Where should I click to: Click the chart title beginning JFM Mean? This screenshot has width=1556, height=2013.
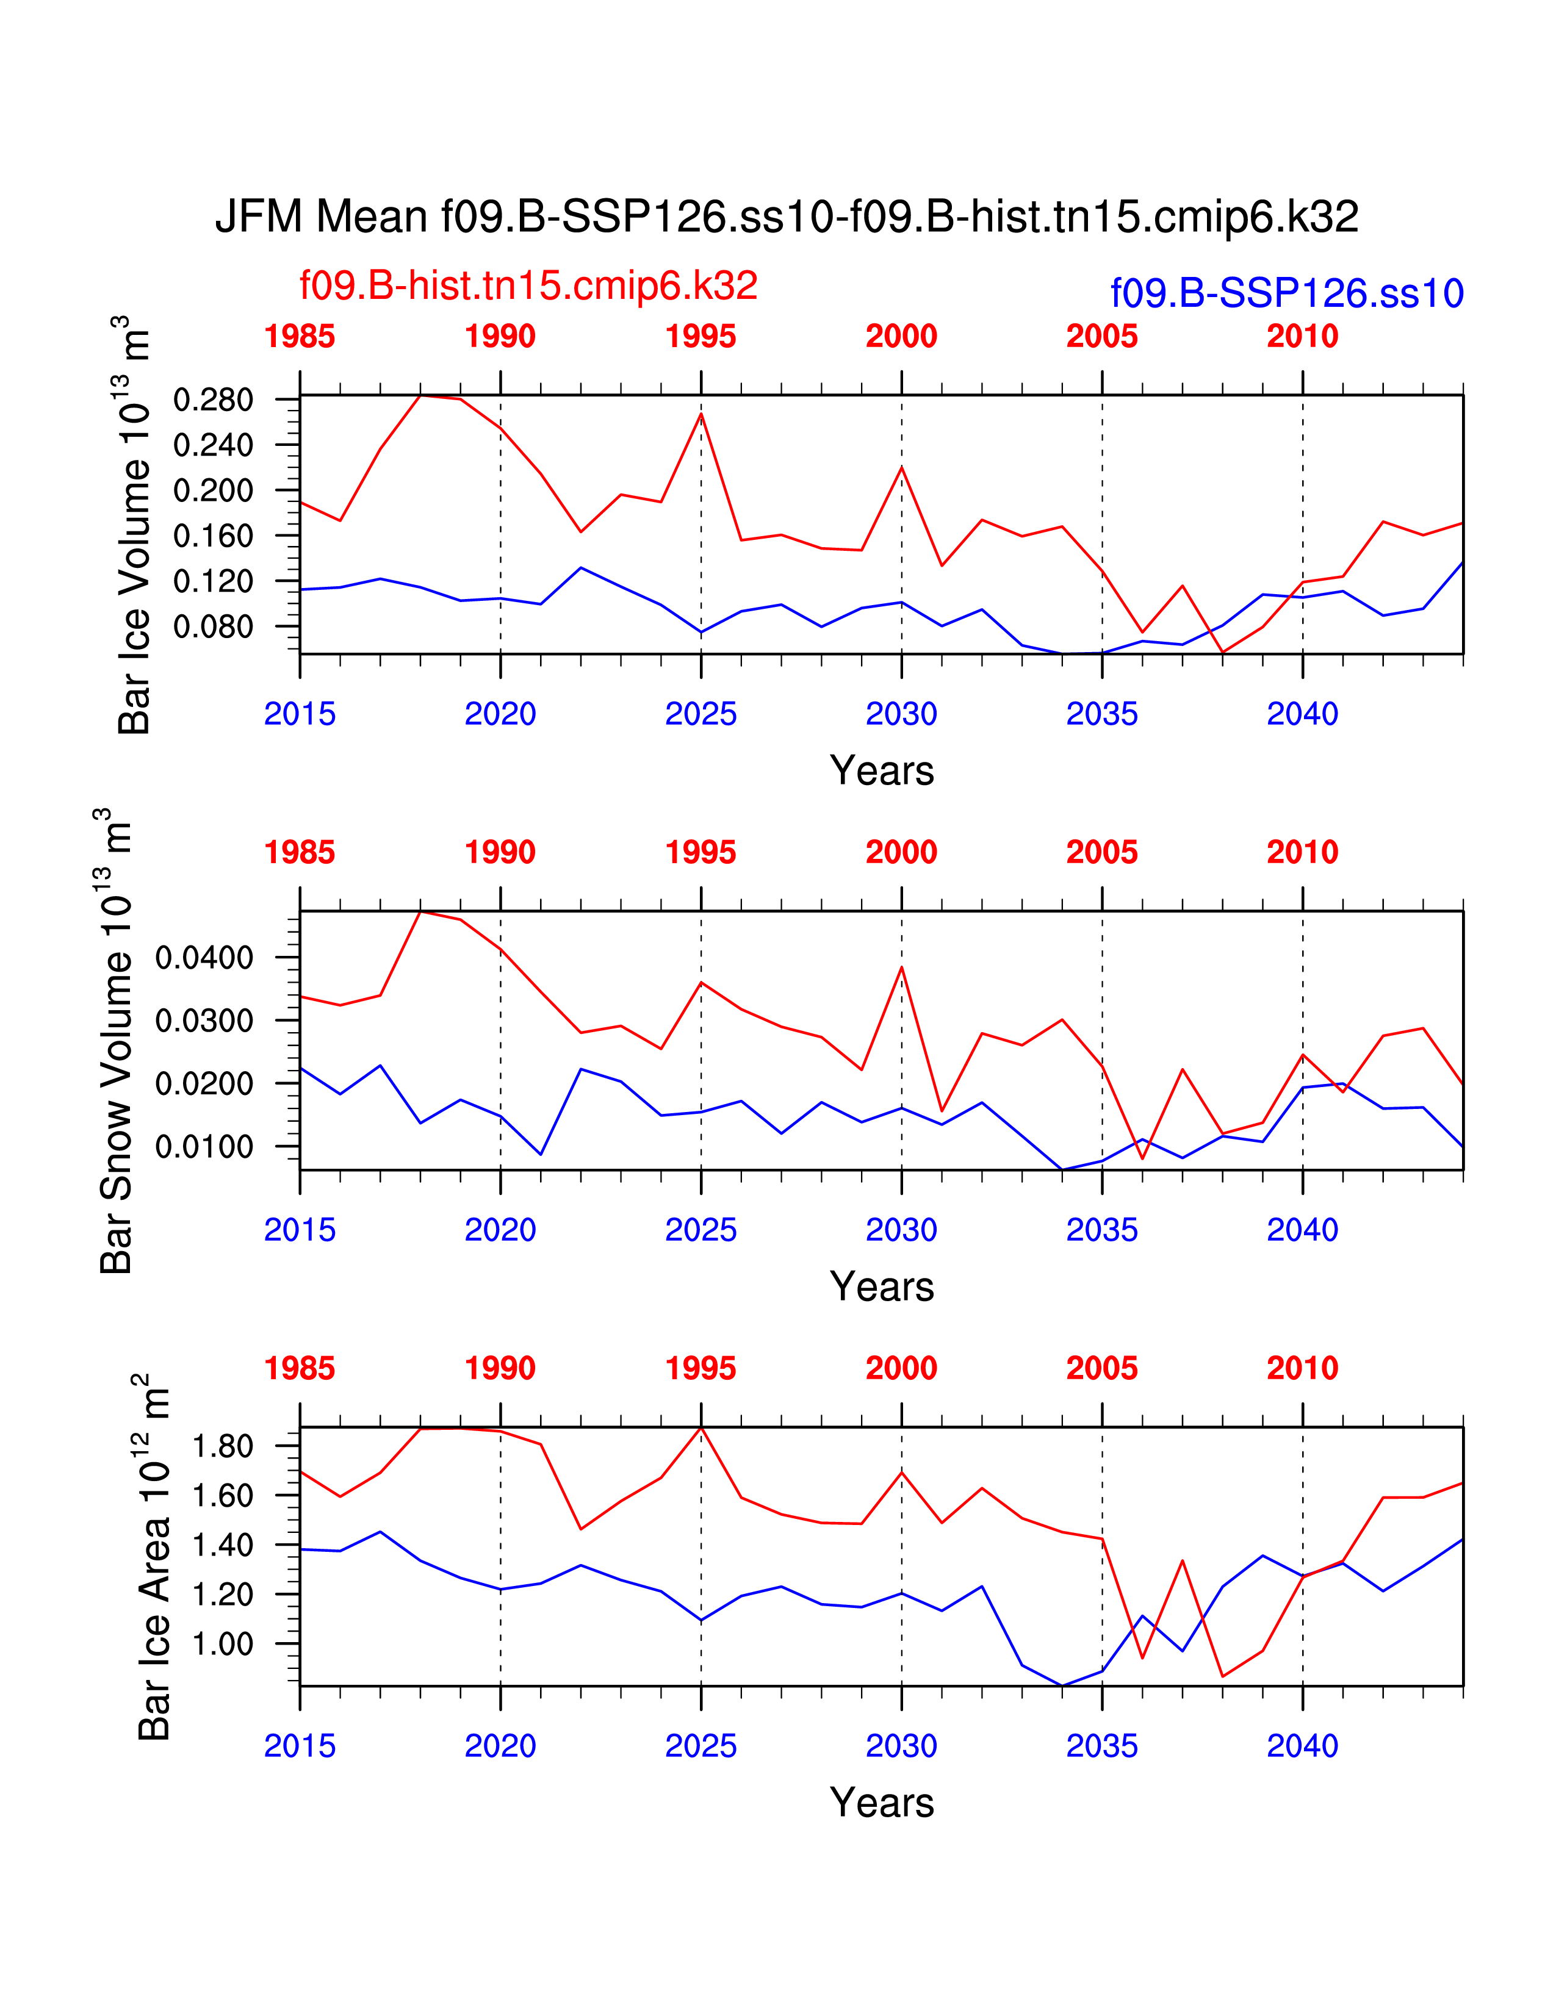click(787, 218)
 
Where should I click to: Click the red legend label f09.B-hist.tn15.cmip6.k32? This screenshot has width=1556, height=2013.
click(528, 285)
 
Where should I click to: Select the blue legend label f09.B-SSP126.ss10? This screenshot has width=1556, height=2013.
click(1287, 293)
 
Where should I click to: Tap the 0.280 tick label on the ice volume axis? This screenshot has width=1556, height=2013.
click(213, 400)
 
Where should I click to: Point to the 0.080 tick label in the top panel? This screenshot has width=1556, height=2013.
click(213, 626)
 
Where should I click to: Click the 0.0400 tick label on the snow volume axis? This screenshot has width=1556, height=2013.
click(204, 958)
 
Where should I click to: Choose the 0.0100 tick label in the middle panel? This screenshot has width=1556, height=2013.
click(204, 1147)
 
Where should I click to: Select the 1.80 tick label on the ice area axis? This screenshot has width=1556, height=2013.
click(222, 1446)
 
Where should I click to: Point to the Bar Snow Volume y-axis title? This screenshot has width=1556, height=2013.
click(115, 1041)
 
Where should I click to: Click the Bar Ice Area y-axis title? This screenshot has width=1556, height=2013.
click(153, 1558)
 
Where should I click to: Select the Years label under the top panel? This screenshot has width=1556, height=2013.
click(881, 770)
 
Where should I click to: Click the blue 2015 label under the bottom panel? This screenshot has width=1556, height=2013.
click(300, 1746)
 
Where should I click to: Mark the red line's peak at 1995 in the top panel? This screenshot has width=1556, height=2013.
click(702, 413)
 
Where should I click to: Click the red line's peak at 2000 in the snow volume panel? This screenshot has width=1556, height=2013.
click(901, 967)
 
